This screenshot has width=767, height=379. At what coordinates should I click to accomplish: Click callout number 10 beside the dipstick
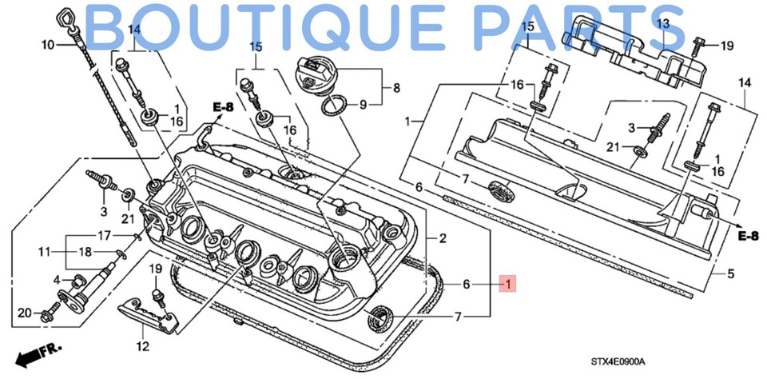pyautogui.click(x=47, y=45)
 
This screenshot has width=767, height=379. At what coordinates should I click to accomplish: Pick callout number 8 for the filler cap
pyautogui.click(x=396, y=86)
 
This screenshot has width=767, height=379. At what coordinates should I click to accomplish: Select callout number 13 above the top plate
pyautogui.click(x=662, y=24)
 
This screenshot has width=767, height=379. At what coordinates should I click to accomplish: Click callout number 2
pyautogui.click(x=443, y=238)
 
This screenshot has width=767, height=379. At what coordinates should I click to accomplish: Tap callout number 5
pyautogui.click(x=729, y=274)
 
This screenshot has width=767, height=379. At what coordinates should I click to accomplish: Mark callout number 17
pyautogui.click(x=104, y=236)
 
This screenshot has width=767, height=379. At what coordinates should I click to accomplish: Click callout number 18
pyautogui.click(x=104, y=252)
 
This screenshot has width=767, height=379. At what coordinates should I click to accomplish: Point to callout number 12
pyautogui.click(x=143, y=346)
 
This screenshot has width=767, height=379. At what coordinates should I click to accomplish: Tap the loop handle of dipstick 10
pyautogui.click(x=66, y=17)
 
